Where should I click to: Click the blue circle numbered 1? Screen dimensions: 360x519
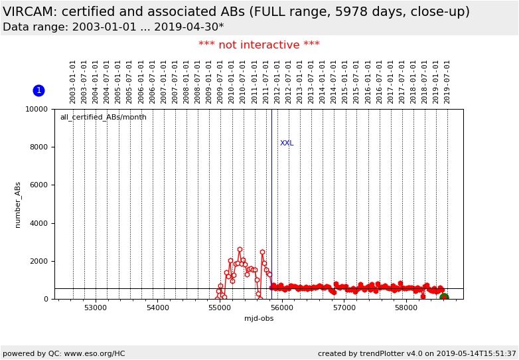(38, 90)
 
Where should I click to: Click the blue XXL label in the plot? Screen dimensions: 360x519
(287, 143)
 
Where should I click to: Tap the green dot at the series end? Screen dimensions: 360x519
(444, 298)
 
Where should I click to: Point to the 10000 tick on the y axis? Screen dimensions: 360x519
(37, 109)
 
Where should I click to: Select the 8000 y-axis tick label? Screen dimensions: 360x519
(38, 147)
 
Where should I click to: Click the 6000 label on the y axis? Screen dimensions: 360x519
(38, 185)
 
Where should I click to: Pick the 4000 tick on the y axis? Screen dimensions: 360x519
(38, 223)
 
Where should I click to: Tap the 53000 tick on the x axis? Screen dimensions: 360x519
(96, 308)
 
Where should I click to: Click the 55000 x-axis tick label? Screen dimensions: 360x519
(220, 308)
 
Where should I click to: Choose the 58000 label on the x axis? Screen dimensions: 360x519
(406, 308)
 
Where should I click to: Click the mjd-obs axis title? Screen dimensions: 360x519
(259, 319)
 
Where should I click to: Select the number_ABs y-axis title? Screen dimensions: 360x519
(18, 205)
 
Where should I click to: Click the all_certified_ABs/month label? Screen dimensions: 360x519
(103, 118)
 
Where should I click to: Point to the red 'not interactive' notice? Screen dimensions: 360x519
(259, 45)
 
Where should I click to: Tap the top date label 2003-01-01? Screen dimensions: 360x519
(73, 81)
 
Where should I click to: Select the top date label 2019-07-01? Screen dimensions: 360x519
(447, 81)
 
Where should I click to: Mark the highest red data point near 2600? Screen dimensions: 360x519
(240, 250)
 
